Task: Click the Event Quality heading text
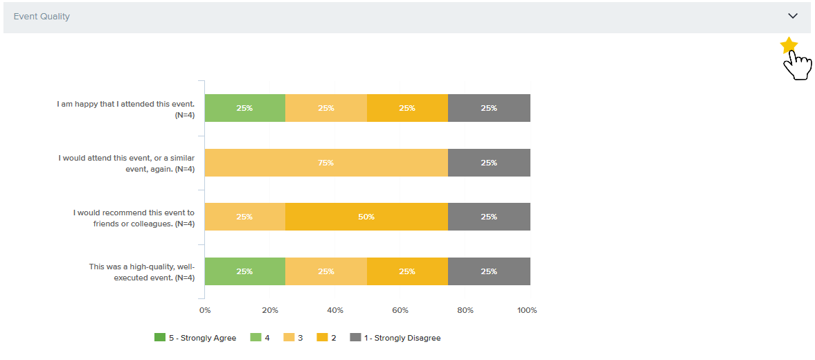[x=42, y=16]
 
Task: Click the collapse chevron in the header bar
[x=793, y=16]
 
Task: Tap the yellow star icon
[x=789, y=46]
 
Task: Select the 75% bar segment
[x=326, y=163]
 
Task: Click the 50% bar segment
[x=366, y=217]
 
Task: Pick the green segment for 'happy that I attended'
[x=244, y=108]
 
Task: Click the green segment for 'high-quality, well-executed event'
[x=244, y=271]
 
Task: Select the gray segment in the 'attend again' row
[x=489, y=163]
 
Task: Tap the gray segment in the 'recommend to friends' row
[x=489, y=217]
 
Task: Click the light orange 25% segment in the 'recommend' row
[x=244, y=217]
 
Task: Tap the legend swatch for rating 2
[x=323, y=338]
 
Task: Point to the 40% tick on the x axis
[x=335, y=310]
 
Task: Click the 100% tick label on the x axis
[x=527, y=310]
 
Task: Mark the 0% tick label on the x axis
[x=205, y=310]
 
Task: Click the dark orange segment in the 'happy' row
[x=407, y=108]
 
